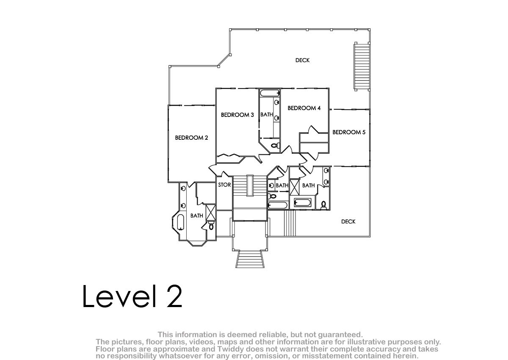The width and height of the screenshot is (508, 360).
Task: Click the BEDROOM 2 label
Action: tap(191, 138)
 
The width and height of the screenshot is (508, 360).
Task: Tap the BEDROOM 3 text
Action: tap(237, 115)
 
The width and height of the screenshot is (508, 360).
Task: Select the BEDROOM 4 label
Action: tap(304, 108)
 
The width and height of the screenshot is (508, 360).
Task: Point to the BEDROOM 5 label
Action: tap(349, 132)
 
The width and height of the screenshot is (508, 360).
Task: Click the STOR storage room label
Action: tap(224, 185)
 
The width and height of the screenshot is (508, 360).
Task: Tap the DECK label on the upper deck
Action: tap(302, 60)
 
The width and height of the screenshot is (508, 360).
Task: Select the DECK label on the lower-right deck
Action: tap(348, 222)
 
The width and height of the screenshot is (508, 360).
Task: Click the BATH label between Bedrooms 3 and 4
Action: tap(266, 115)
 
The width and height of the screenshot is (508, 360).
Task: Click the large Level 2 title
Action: tap(132, 296)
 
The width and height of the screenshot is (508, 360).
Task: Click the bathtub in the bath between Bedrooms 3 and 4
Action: tap(270, 93)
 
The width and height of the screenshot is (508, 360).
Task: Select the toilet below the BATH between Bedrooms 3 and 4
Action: tap(276, 145)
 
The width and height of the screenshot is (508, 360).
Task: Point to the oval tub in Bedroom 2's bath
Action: tap(180, 222)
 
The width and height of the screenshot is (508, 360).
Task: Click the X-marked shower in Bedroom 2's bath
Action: tap(211, 213)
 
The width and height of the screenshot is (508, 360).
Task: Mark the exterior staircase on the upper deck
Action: tap(362, 66)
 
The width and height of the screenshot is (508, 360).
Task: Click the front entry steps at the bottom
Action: tap(250, 259)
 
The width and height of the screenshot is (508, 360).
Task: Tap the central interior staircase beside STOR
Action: tap(250, 197)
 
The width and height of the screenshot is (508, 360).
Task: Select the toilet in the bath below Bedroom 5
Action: tap(323, 205)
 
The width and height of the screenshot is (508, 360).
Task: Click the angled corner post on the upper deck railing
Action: tap(230, 55)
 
